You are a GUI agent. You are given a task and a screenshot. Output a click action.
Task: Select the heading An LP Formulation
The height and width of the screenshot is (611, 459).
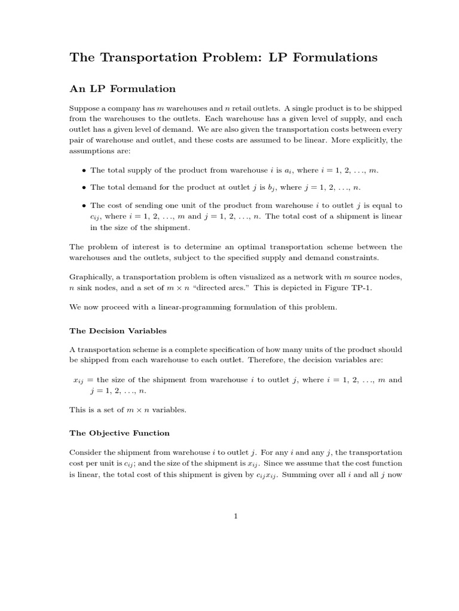pyautogui.click(x=123, y=89)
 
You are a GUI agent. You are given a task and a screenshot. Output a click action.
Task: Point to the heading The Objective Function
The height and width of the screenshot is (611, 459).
pyautogui.click(x=120, y=433)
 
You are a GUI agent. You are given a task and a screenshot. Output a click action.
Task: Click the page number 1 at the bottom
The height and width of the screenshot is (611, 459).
pyautogui.click(x=236, y=517)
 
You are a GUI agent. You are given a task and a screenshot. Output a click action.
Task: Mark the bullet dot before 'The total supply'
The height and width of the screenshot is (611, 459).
pyautogui.click(x=84, y=170)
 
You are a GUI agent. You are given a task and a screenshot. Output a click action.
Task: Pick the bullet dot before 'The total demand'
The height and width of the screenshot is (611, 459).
pyautogui.click(x=84, y=187)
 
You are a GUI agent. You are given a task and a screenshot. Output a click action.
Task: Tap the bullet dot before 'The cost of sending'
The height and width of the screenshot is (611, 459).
pyautogui.click(x=84, y=205)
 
